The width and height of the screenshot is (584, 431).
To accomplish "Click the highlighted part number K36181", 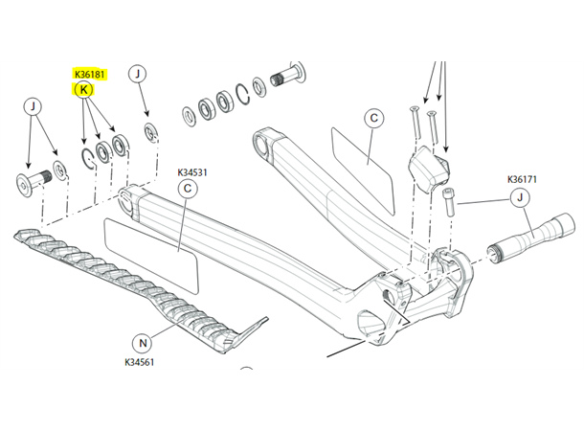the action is point(90,75).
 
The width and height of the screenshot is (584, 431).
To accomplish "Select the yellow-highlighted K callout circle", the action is point(83,90).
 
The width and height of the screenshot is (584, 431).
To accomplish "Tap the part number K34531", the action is point(192,172).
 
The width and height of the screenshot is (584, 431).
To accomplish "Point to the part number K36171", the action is point(522,179).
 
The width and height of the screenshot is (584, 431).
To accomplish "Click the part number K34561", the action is point(139,362).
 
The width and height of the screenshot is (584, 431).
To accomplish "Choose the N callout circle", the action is point(143,343).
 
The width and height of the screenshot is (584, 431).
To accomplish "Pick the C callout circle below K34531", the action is point(188,189).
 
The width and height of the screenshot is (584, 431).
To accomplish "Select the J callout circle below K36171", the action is point(520,197).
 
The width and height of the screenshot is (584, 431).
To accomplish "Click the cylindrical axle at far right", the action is point(532,236).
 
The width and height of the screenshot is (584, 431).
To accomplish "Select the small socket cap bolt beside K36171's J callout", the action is point(448,201).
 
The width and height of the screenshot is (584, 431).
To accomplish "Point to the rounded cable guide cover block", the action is point(429,169).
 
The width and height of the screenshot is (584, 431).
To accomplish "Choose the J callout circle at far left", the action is point(33,106).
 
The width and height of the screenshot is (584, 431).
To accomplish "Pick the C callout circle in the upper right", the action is point(374,119).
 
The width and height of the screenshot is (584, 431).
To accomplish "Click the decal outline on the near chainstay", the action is point(151,257).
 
